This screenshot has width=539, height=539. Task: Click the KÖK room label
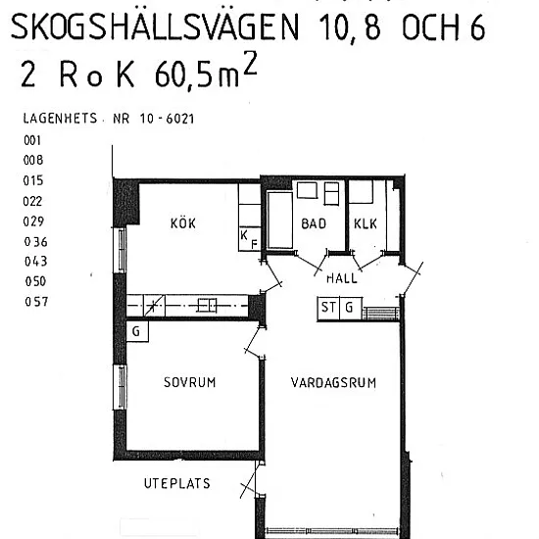pos(183,223)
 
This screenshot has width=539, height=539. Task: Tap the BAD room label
pos(314,223)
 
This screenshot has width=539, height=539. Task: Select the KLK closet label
pos(366,223)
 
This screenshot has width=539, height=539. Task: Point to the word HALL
pos(342,277)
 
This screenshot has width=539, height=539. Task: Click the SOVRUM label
pos(190,382)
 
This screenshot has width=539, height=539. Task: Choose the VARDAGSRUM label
pos(333,382)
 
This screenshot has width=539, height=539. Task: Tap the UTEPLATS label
pos(177,483)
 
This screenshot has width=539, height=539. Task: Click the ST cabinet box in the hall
pos(328,308)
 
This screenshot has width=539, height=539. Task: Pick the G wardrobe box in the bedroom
pos(137,331)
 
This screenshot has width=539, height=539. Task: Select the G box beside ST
pos(351,308)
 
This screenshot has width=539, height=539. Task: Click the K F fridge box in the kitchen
pos(250,238)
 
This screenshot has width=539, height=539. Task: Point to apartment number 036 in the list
pos(35,242)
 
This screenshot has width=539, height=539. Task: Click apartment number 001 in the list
pos(32,140)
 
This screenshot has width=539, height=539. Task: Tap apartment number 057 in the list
pos(36,302)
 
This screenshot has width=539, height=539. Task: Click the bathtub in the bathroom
pos(280,220)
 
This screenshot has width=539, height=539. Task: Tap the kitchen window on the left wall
pos(121,250)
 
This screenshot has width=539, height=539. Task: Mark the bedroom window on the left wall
pos(121,387)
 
